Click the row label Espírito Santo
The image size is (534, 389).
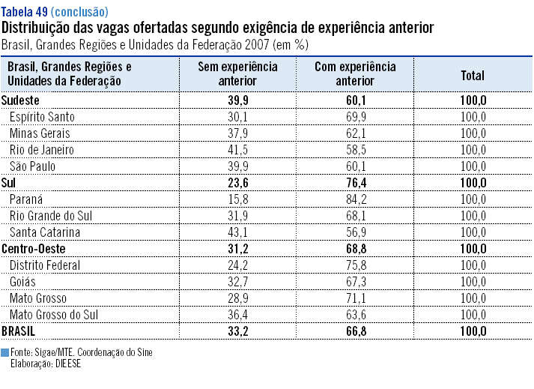[x=42, y=116]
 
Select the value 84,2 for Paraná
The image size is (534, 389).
[x=356, y=199]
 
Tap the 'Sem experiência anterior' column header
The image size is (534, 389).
[x=237, y=74]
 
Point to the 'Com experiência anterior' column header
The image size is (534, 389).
[x=356, y=74]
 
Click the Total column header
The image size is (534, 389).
[x=473, y=75]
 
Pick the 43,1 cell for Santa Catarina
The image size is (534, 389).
[x=237, y=232]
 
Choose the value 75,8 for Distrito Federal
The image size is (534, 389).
[x=356, y=265]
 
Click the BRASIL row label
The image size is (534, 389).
[x=19, y=331]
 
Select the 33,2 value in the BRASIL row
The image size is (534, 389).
[x=237, y=331]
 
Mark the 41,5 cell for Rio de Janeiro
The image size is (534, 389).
[x=237, y=149]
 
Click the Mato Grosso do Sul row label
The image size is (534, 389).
[x=54, y=314]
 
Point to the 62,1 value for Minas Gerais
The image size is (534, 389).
[x=356, y=133]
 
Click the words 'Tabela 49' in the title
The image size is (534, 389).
[x=25, y=12]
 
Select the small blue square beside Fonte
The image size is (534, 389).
[x=5, y=352]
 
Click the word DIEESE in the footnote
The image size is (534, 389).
[x=66, y=364]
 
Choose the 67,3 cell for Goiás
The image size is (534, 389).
[x=356, y=281]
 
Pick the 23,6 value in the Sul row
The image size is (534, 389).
[x=237, y=182]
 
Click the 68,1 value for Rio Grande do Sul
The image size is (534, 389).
[x=356, y=215]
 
